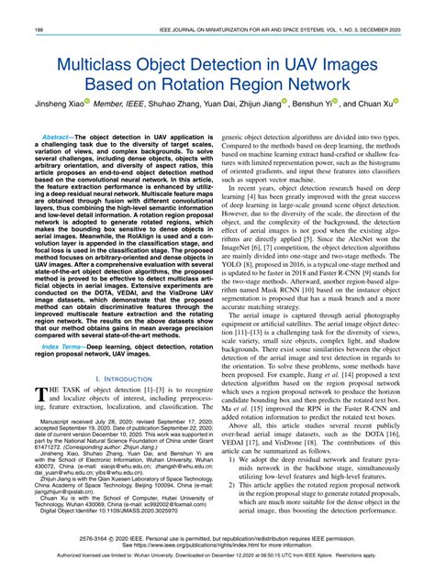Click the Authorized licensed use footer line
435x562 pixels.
point(217,554)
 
